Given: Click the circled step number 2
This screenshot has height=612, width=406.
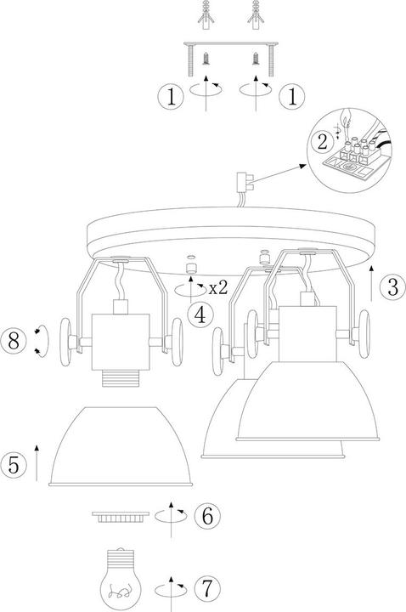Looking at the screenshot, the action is (323, 142).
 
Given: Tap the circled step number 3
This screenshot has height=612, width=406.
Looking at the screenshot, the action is (392, 287).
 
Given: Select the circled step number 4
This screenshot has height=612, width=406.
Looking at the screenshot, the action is (200, 315).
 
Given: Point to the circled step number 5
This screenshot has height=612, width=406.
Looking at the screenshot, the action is (14, 464).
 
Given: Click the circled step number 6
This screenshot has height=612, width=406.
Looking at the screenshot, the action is (207, 516).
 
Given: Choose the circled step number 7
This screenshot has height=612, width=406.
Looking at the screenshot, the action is (207, 588).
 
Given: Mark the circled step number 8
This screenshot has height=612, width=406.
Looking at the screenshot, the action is (14, 340).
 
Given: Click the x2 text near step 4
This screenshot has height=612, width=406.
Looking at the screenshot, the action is (218, 288).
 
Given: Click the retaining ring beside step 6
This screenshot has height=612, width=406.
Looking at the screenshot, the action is (121, 517).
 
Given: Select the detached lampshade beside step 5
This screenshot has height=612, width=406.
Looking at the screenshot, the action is (121, 446).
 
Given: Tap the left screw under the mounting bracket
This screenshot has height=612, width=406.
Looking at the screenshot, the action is (206, 58).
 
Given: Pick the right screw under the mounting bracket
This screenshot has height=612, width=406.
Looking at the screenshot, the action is (256, 58).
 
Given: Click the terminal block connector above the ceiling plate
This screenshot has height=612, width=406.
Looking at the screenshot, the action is (245, 183).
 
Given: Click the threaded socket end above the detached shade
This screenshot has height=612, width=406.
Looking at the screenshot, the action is (121, 379).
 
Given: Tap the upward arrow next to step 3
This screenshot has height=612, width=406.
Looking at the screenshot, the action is (371, 283).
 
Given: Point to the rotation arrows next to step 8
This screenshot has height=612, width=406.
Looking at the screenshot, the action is (42, 341).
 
